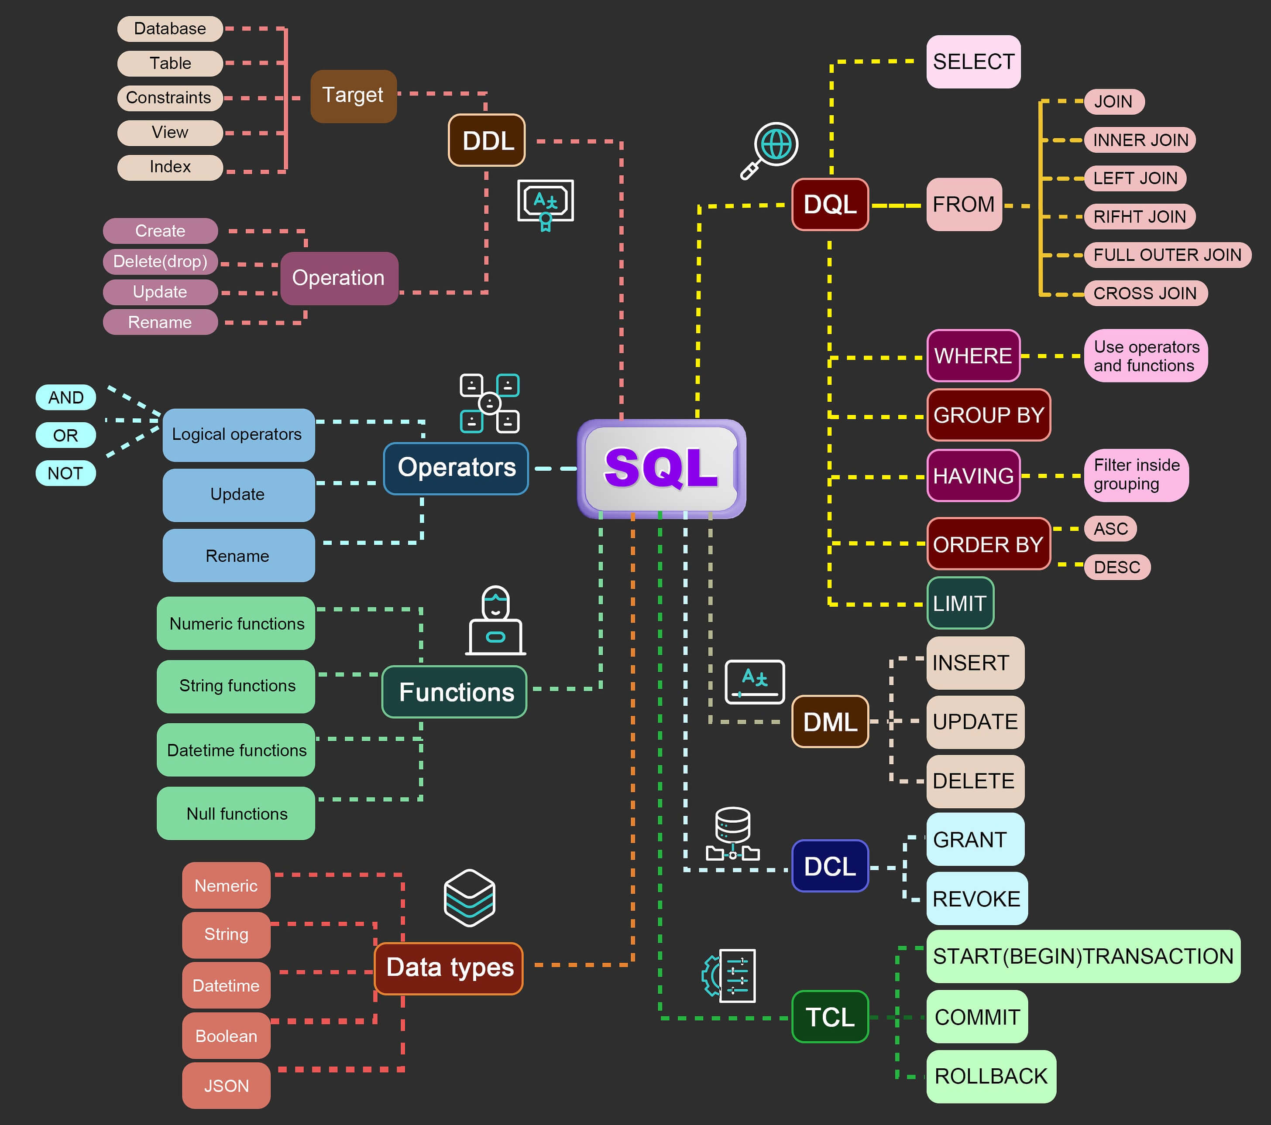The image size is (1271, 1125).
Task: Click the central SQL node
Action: pyautogui.click(x=661, y=468)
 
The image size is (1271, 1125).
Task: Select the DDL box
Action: pyautogui.click(x=487, y=140)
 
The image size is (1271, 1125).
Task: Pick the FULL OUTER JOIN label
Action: pyautogui.click(x=1167, y=255)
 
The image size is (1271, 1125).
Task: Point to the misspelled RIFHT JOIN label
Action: pyautogui.click(x=1140, y=217)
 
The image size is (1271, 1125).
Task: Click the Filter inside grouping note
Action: pyautogui.click(x=1136, y=475)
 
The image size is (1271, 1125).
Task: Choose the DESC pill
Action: pyautogui.click(x=1117, y=567)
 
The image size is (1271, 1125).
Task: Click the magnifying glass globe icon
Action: pyautogui.click(x=770, y=150)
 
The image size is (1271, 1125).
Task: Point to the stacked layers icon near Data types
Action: pyautogui.click(x=470, y=898)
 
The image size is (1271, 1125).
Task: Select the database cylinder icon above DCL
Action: pyautogui.click(x=732, y=834)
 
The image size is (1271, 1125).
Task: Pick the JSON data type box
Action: pyautogui.click(x=227, y=1086)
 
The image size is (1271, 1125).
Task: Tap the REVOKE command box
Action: pyautogui.click(x=976, y=899)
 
